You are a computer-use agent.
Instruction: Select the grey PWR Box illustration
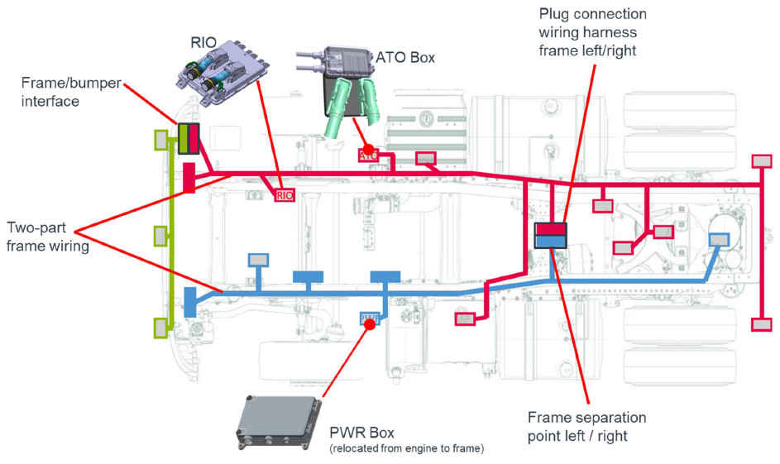tap(282, 419)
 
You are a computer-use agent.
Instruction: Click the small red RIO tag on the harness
tap(284, 195)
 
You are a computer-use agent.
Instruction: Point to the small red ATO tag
tap(369, 155)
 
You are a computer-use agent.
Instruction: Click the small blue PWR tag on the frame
tap(370, 317)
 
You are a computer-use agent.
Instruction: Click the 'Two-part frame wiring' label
tap(46, 235)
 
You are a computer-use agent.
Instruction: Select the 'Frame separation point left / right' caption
tap(586, 426)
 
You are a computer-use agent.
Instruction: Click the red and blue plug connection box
tap(550, 235)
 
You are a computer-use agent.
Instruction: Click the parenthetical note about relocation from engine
tap(406, 449)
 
